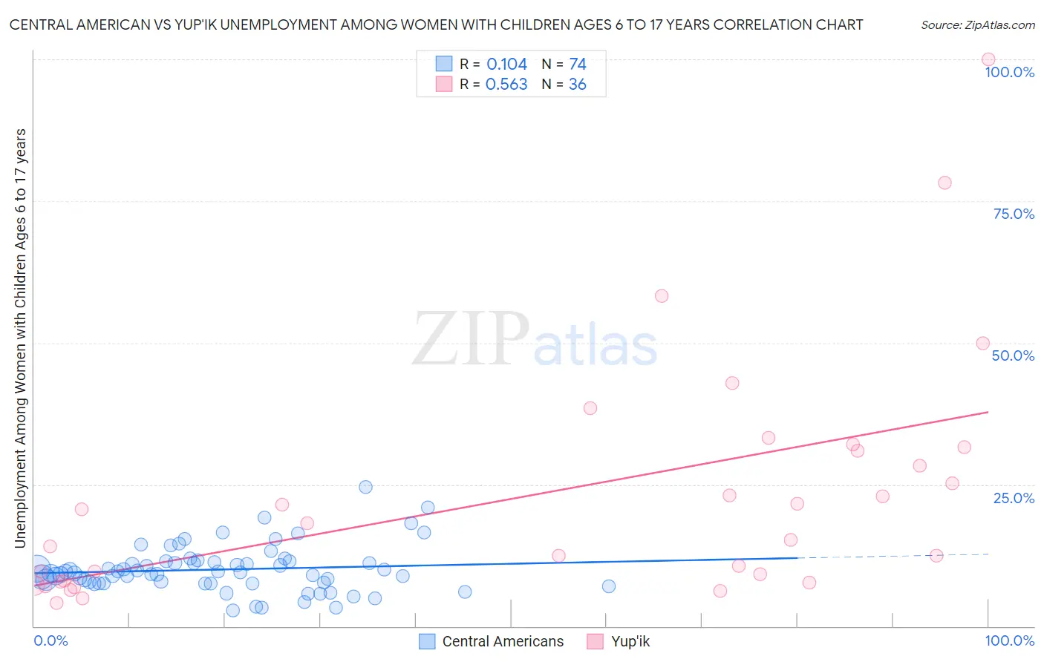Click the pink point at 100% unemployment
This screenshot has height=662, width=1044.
pyautogui.click(x=988, y=59)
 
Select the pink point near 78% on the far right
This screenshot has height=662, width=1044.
pyautogui.click(x=945, y=183)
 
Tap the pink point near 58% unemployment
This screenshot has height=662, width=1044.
pyautogui.click(x=662, y=296)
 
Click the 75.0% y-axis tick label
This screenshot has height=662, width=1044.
pyautogui.click(x=1014, y=214)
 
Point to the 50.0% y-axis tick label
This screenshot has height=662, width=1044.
pyautogui.click(x=1013, y=355)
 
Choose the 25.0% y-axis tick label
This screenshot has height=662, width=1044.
pyautogui.click(x=1014, y=497)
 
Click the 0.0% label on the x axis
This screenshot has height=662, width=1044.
pyautogui.click(x=50, y=640)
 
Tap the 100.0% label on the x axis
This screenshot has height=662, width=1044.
pyautogui.click(x=1009, y=640)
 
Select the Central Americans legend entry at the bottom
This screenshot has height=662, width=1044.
pyautogui.click(x=503, y=641)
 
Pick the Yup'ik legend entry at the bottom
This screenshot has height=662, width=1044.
pyautogui.click(x=630, y=641)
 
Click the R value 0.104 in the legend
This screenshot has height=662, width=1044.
pyautogui.click(x=506, y=65)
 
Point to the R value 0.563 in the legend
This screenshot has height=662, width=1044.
pyautogui.click(x=506, y=85)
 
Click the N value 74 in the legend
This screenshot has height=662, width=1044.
pyautogui.click(x=578, y=65)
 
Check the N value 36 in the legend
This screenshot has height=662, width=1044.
pyautogui.click(x=577, y=85)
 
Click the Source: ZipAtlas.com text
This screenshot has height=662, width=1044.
pyautogui.click(x=977, y=25)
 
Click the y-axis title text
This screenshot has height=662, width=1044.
pyautogui.click(x=21, y=338)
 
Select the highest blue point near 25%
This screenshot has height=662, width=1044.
pyautogui.click(x=365, y=487)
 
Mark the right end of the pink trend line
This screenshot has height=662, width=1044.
pyautogui.click(x=988, y=411)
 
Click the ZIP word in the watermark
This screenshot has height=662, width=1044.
pyautogui.click(x=471, y=339)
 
